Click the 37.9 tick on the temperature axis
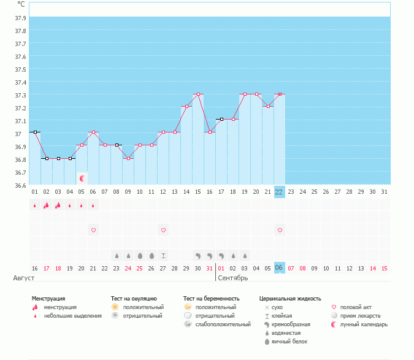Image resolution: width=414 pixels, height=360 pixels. (20, 18)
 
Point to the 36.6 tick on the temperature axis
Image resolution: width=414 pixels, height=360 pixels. (20, 185)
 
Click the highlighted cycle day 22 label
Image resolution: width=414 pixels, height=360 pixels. (280, 192)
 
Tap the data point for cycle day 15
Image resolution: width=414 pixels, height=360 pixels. (198, 94)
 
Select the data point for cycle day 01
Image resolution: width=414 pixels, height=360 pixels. (35, 132)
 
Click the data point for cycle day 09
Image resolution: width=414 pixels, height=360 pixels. (128, 158)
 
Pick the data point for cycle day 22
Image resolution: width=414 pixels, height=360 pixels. (280, 94)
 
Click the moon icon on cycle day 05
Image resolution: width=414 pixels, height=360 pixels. (82, 178)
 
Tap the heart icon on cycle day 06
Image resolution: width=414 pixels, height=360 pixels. (93, 230)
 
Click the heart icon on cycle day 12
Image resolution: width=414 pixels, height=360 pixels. (163, 230)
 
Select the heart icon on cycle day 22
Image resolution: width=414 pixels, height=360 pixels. (280, 230)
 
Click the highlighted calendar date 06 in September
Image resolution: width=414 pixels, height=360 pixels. (280, 269)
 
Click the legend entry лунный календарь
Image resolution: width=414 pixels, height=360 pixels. (368, 324)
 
